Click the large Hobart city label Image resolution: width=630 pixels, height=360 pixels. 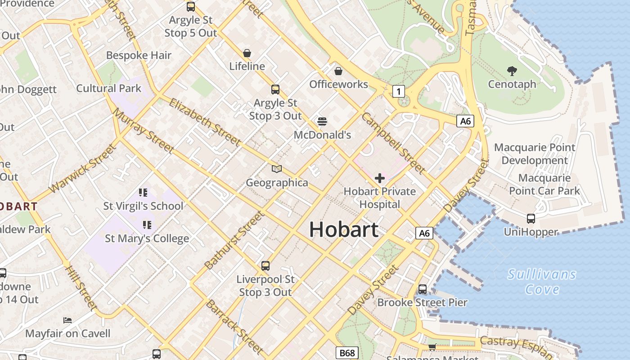344,230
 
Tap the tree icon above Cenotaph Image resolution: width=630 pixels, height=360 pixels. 512,71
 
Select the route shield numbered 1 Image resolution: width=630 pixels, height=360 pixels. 398,92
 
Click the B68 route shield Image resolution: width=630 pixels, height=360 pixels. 347,353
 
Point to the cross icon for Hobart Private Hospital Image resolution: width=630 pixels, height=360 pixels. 380,178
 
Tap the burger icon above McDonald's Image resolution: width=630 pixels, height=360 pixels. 322,121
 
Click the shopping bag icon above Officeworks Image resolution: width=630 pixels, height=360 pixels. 338,71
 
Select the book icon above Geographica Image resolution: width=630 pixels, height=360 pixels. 277,169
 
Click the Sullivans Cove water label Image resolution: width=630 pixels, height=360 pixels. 542,281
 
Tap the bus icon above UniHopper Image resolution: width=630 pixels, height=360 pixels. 531,219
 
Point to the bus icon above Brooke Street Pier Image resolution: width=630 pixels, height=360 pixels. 422,289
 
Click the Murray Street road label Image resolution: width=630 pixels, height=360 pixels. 143,130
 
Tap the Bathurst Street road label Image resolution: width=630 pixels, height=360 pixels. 234,240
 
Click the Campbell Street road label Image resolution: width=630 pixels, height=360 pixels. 393,143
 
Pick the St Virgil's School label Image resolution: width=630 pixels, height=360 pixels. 143,206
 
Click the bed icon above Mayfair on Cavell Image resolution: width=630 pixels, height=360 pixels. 67,320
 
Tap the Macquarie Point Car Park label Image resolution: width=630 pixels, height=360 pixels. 544,184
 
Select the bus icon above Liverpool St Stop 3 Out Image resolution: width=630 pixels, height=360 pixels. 265,266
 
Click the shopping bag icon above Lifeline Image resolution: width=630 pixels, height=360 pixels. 247,53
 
